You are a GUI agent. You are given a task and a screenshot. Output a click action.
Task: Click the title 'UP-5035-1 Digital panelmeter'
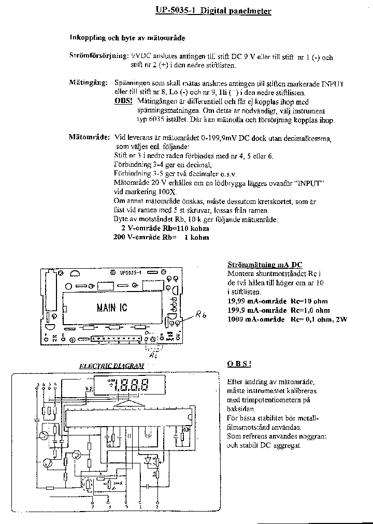[213, 10]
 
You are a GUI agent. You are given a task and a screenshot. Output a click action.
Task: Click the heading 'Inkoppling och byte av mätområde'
[127, 38]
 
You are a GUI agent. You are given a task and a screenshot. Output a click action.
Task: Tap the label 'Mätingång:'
[88, 83]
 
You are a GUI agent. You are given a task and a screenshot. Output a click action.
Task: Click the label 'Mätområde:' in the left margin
[89, 138]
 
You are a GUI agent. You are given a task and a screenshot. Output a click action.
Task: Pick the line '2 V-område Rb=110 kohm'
[165, 228]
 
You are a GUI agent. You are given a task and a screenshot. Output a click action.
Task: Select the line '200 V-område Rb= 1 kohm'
[161, 237]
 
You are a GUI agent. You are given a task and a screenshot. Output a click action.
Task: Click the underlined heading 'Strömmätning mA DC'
[265, 265]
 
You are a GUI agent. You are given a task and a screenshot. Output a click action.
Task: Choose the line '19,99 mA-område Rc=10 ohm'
[277, 301]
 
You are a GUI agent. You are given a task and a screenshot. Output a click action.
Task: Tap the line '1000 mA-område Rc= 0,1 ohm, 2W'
[287, 319]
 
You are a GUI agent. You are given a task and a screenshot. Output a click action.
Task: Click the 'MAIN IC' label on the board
[111, 308]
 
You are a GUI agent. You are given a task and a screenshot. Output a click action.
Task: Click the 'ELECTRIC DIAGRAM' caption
[111, 366]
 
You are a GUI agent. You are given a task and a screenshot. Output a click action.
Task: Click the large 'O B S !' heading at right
[239, 365]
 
